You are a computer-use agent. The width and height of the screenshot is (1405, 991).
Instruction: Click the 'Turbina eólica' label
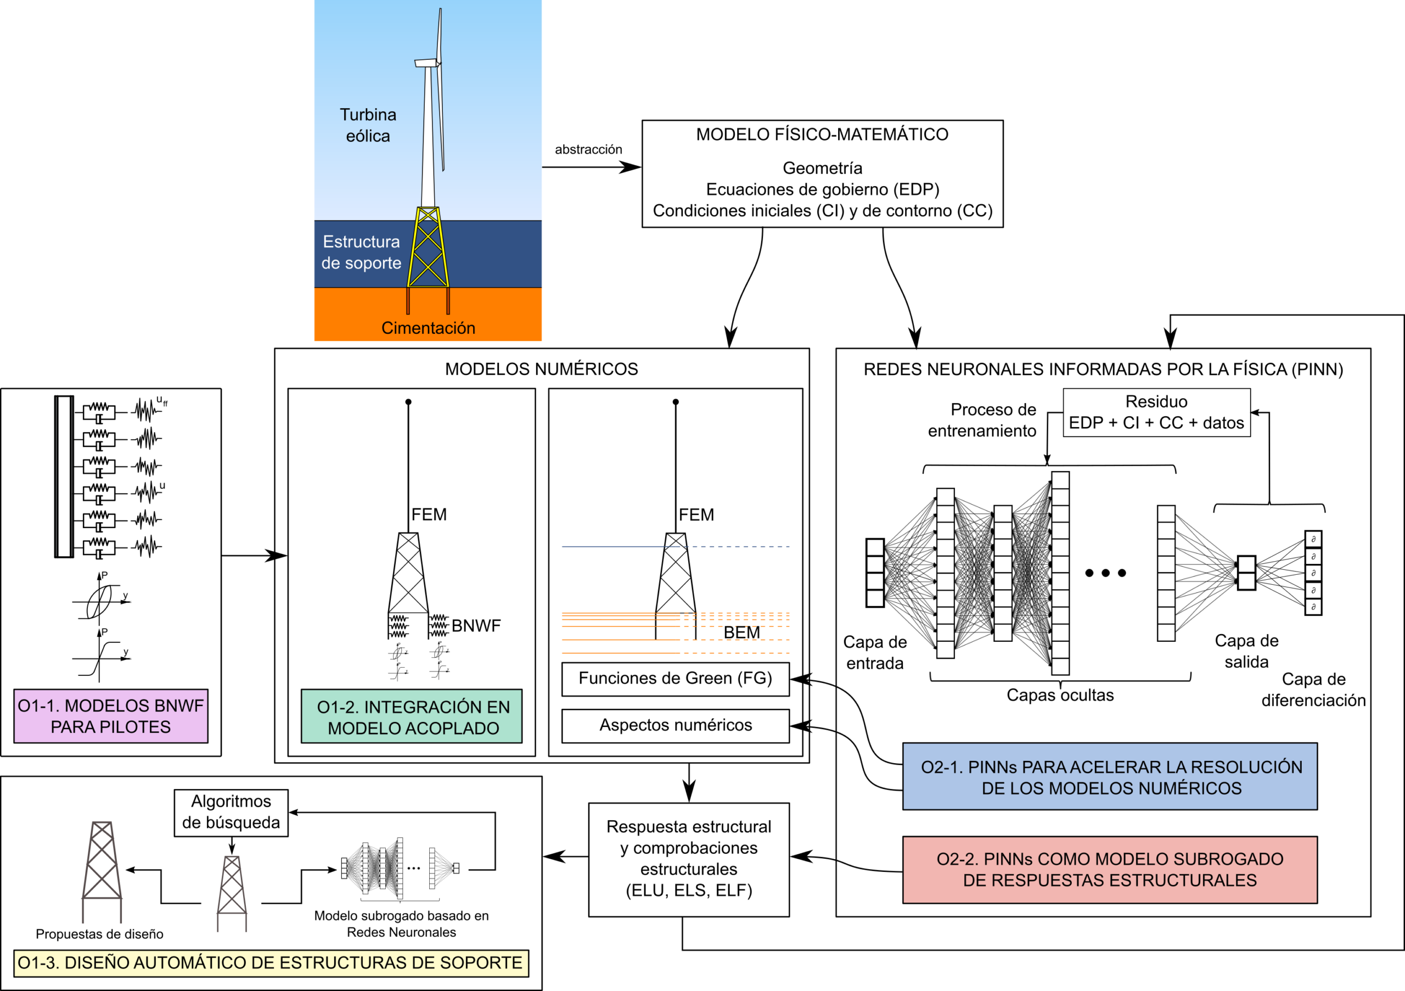368,125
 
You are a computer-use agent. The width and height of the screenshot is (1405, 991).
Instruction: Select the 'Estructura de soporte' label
361,252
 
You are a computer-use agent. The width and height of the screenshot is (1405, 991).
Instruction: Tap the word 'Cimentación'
428,328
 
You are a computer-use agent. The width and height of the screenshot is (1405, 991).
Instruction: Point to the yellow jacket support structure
428,248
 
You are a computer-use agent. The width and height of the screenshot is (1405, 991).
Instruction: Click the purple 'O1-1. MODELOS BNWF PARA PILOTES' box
111,716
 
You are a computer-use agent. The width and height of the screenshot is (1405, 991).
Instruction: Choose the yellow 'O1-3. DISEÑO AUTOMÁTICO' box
271,963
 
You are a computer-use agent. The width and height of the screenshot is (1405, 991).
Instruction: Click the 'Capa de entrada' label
875,652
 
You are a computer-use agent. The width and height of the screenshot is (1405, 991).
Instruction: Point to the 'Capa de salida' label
1246,651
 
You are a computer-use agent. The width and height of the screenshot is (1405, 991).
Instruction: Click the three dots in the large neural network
1105,573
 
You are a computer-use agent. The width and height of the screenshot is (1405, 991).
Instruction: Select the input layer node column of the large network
874,573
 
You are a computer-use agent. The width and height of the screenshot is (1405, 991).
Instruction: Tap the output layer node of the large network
1246,573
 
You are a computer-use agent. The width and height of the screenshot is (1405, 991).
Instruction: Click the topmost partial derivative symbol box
1313,539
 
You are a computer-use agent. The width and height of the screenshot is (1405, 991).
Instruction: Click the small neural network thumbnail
401,869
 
